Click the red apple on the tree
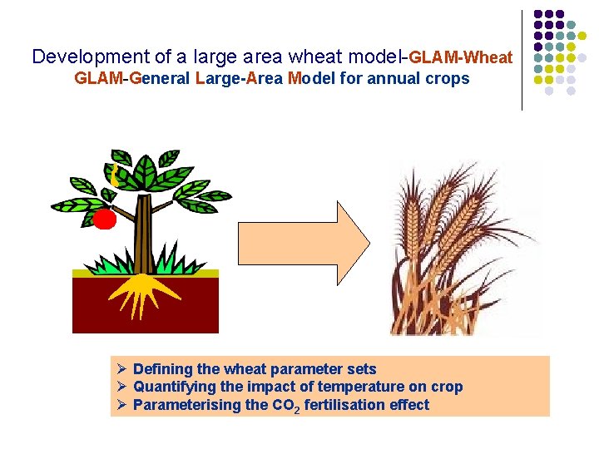103,220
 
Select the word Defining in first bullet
161,368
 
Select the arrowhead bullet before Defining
121,368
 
